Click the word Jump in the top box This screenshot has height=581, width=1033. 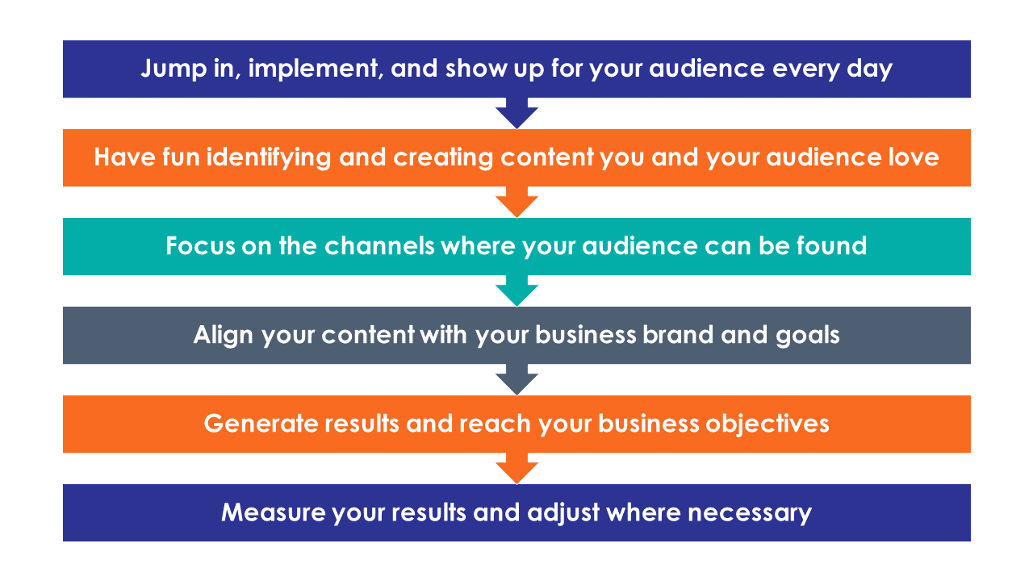point(174,69)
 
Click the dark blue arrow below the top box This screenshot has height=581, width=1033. point(516,114)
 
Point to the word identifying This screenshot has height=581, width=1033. point(269,158)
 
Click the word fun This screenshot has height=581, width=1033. point(182,157)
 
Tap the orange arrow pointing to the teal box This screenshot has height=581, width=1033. point(516,203)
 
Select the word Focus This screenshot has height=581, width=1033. point(200,246)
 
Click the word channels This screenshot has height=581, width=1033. point(379,246)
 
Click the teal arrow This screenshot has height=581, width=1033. point(516,291)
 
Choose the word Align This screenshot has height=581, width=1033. point(224,336)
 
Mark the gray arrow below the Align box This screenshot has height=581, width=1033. point(516,380)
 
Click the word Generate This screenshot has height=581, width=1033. point(261,424)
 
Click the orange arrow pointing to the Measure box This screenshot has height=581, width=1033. point(516,469)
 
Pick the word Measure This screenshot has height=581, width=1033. point(274,512)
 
